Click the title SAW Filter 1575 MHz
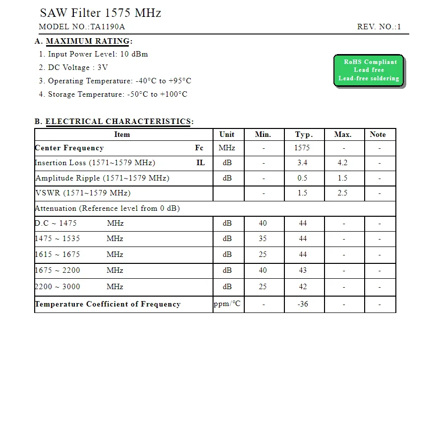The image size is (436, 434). tap(100, 13)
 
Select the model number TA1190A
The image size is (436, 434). tap(107, 27)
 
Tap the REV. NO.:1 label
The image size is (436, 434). tap(379, 27)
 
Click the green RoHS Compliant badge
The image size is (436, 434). tap(369, 70)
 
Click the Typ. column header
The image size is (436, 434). tap(304, 134)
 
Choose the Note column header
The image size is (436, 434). tap(378, 134)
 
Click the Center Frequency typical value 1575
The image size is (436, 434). tap(302, 148)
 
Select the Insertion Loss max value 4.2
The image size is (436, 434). tap(342, 163)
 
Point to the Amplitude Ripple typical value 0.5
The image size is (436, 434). tap(302, 178)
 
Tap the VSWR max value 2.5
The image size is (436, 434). tap(342, 193)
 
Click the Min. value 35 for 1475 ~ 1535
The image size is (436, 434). tap(263, 239)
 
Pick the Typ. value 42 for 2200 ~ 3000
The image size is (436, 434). tap(303, 287)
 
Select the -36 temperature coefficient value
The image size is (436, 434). tap(303, 304)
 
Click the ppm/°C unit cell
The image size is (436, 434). tap(227, 304)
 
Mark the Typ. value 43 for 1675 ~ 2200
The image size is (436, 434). tap(303, 270)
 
